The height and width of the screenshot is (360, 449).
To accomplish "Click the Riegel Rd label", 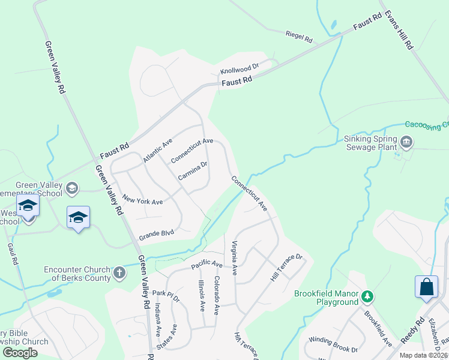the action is click(299, 37).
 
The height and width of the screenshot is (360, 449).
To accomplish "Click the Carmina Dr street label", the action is click(193, 171).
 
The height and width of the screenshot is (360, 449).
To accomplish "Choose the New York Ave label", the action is click(142, 200).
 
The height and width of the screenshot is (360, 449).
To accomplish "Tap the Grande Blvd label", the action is click(156, 233).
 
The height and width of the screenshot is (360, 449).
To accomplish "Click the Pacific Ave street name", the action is click(207, 264).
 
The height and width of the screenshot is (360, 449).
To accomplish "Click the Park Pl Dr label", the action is click(166, 293).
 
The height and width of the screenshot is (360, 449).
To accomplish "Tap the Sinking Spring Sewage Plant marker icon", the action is click(406, 142).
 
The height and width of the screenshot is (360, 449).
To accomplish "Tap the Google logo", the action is click(20, 353).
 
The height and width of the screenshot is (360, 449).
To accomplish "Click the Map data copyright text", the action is click(423, 355).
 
